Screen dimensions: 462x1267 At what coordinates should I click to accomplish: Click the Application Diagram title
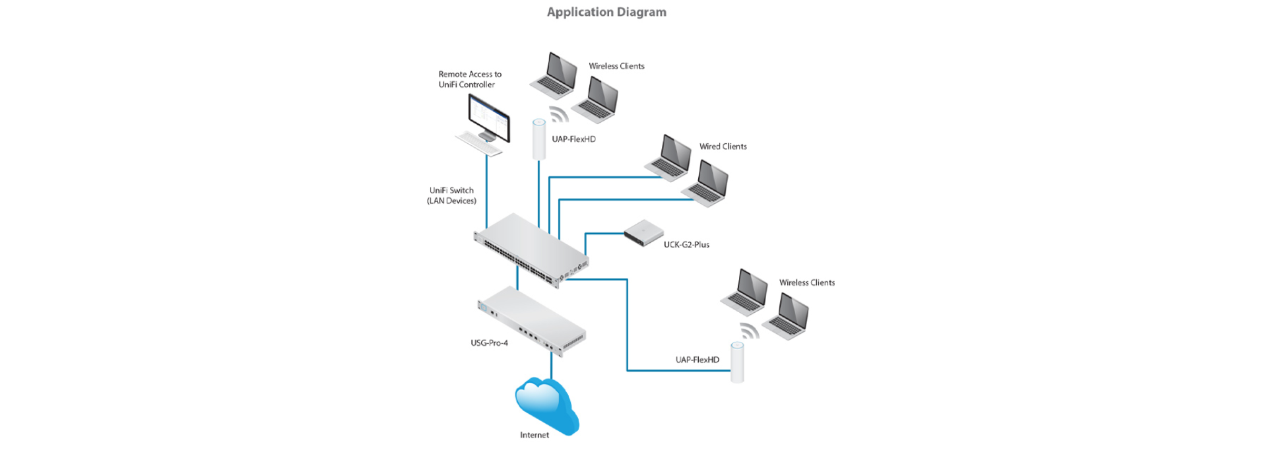coord(606,12)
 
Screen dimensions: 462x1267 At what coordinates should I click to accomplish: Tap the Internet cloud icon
coord(546,405)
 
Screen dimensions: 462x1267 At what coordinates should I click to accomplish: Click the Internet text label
coord(534,435)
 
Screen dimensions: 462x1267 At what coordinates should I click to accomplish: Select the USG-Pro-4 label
coord(489,343)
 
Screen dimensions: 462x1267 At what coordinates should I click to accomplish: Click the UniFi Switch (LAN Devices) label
coord(451,195)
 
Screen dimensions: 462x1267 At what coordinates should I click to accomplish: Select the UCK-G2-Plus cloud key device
coord(643,232)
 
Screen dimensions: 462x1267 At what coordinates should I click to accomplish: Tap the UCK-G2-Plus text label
coord(686,244)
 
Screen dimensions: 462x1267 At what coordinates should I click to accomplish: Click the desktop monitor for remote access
coord(489,117)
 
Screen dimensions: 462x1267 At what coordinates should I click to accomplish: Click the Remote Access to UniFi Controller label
coord(470,79)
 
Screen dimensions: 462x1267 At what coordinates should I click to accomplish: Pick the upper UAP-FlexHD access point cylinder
coord(539,139)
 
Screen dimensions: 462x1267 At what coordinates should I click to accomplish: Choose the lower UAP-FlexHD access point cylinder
coord(737,362)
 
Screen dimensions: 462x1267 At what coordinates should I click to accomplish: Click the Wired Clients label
coord(723,147)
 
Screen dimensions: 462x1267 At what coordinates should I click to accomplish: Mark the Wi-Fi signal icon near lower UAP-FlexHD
coord(750,330)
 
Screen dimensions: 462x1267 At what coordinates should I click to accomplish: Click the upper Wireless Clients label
coord(616,66)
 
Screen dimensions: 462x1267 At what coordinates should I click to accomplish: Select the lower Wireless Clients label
coord(806,282)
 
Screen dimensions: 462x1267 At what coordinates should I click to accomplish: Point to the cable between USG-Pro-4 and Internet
coord(551,366)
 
